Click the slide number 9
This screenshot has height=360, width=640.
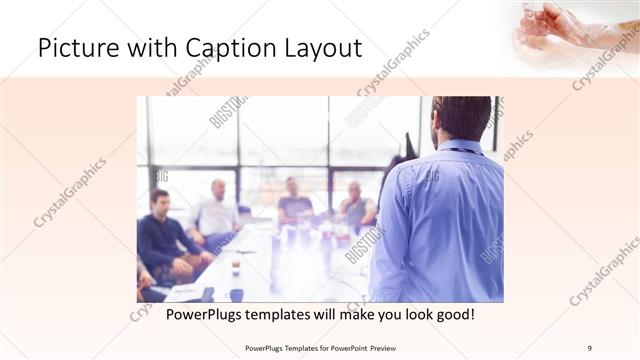[590, 347]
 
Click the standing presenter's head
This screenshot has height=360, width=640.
[461, 118]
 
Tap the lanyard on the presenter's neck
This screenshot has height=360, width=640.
[463, 151]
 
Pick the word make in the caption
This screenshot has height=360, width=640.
[355, 315]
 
